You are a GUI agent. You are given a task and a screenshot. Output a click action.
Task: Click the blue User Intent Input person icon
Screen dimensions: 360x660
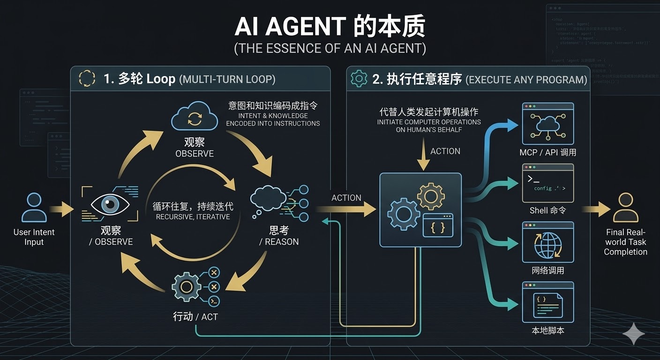pyautogui.click(x=34, y=208)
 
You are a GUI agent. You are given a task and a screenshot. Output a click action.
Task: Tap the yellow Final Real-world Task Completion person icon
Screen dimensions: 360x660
pyautogui.click(x=625, y=208)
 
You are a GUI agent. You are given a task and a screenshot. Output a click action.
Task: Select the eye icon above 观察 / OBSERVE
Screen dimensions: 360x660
pyautogui.click(x=111, y=203)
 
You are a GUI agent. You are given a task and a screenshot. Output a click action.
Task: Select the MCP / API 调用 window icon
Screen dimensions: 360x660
pyautogui.click(x=548, y=124)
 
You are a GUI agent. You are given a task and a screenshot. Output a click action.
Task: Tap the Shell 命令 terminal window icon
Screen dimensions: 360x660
pyautogui.click(x=548, y=183)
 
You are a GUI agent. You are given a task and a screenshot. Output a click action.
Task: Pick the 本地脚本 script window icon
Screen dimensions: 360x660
pyautogui.click(x=548, y=302)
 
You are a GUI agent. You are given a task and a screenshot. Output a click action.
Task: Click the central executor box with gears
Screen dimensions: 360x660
pyautogui.click(x=420, y=210)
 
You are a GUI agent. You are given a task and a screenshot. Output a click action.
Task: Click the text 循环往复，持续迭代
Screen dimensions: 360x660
pyautogui.click(x=193, y=206)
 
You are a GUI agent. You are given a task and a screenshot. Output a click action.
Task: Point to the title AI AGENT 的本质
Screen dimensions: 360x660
pyautogui.click(x=330, y=27)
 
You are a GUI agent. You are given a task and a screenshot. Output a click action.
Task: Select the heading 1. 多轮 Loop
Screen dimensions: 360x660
pyautogui.click(x=140, y=79)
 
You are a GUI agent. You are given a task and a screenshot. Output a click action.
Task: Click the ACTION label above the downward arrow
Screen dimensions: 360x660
pyautogui.click(x=445, y=151)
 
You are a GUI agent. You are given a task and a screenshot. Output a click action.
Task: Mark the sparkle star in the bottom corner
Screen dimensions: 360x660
pyautogui.click(x=633, y=333)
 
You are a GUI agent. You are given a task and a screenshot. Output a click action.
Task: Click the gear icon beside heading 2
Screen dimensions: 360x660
pyautogui.click(x=359, y=79)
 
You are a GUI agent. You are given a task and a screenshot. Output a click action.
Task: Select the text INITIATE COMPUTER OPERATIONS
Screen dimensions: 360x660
pyautogui.click(x=429, y=122)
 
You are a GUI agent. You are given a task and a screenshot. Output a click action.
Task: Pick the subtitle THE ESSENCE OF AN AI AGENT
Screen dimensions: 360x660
pyautogui.click(x=330, y=49)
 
